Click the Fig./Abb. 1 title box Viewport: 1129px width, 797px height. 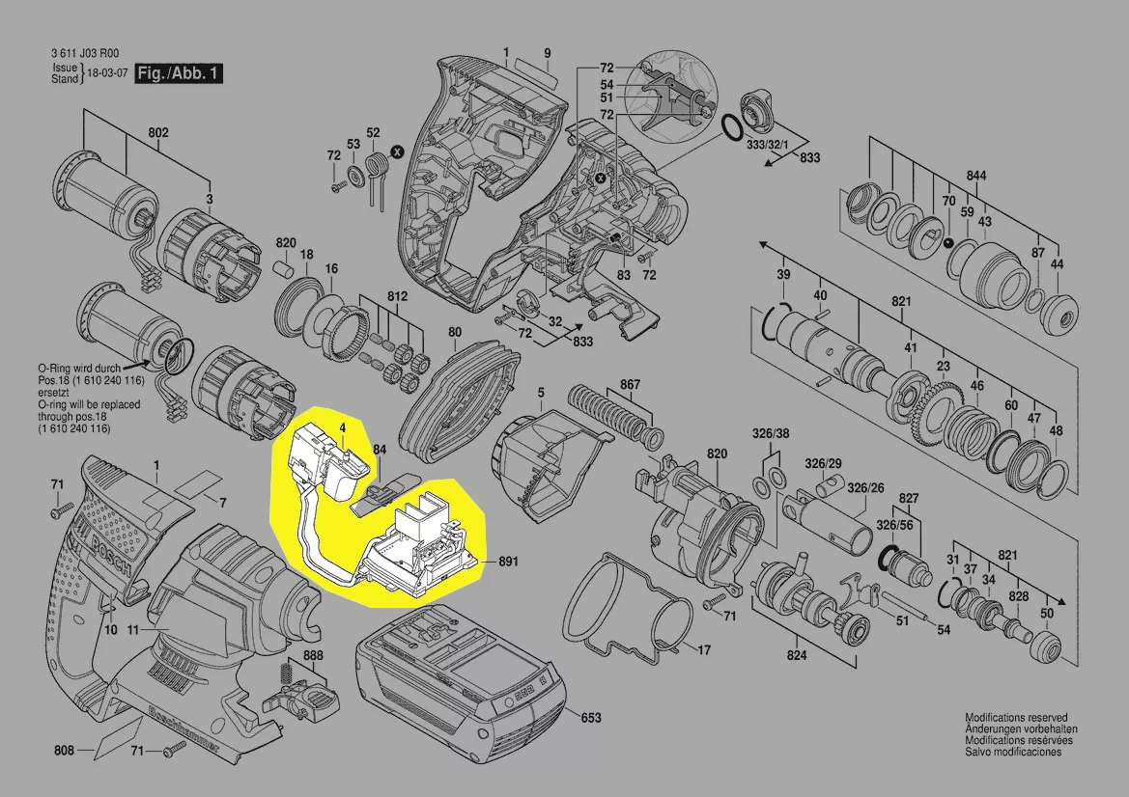point(180,73)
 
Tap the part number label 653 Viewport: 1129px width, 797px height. point(590,718)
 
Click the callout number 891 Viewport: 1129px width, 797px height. point(509,562)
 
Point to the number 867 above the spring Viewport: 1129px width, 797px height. point(630,385)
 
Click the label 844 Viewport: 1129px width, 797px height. point(977,177)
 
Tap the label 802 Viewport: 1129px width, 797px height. point(158,132)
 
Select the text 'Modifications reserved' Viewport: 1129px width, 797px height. point(1016,718)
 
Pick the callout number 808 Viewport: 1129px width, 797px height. point(65,750)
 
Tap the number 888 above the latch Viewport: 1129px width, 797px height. point(313,656)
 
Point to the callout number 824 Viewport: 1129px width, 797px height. point(796,655)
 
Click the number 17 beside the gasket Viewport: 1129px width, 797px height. point(704,650)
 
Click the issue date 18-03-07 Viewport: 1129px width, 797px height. point(108,73)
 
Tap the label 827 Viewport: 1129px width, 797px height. point(908,498)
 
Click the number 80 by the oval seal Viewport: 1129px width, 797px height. point(455,333)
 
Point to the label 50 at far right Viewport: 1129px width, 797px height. point(1047,615)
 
